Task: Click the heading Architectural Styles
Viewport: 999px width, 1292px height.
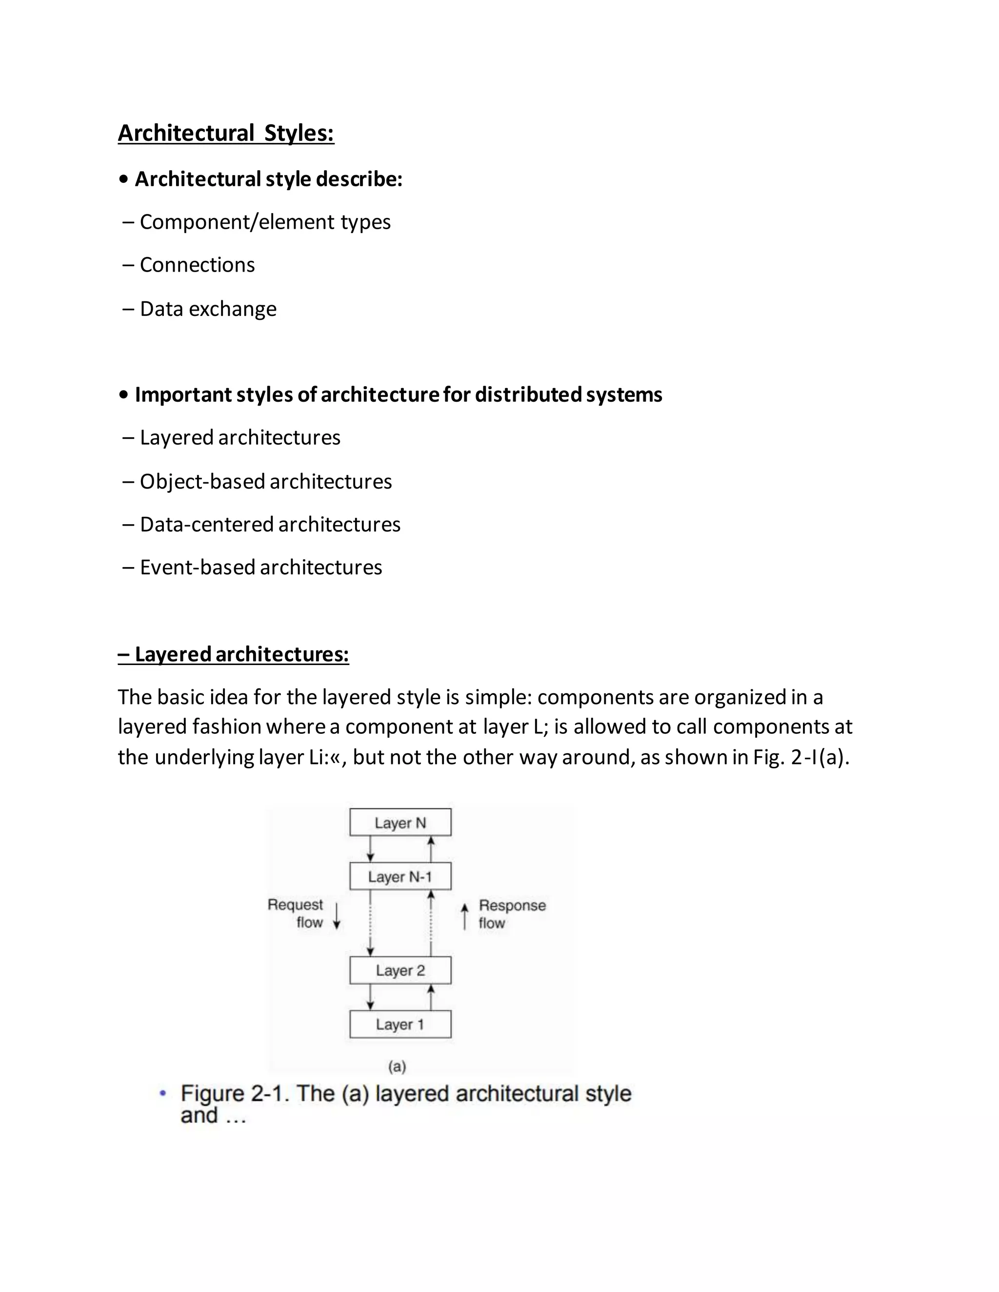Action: (x=225, y=133)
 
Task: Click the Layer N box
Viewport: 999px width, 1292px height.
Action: (x=400, y=822)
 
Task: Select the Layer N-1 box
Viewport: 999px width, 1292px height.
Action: (x=400, y=876)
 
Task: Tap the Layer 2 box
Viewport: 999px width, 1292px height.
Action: (x=400, y=970)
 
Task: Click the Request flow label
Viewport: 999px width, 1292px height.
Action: (x=296, y=913)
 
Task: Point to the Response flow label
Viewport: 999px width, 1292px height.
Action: (x=511, y=914)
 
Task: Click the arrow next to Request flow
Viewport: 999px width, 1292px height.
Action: (x=337, y=916)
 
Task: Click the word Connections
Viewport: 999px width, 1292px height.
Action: (x=197, y=265)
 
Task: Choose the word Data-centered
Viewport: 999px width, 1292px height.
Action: (x=206, y=525)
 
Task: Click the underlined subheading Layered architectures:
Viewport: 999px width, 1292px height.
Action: (x=233, y=654)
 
